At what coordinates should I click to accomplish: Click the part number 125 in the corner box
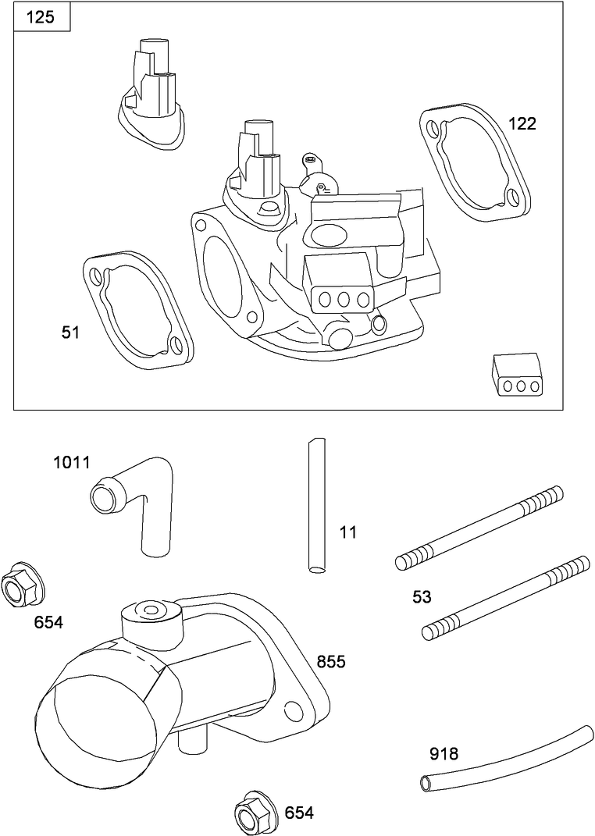41,17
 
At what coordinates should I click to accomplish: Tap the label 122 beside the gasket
522,123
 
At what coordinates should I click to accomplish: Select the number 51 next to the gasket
71,333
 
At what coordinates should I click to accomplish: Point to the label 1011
72,462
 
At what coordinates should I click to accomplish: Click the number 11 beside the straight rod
348,532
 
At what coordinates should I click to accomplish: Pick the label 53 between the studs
422,597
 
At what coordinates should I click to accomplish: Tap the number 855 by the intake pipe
331,662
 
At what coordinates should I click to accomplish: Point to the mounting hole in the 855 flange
294,711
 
